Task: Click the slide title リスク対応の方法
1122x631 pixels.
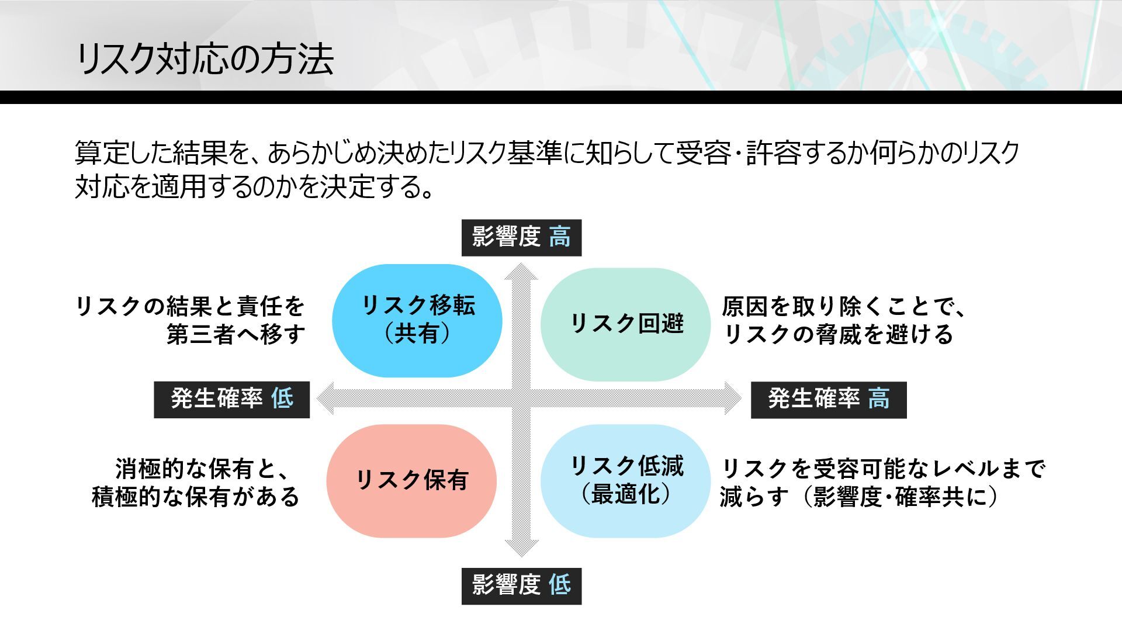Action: (205, 59)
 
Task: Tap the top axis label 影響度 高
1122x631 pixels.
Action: (521, 238)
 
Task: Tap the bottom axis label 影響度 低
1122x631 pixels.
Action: (521, 585)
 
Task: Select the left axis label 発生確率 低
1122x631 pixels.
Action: (231, 400)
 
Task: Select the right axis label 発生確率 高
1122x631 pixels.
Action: (828, 400)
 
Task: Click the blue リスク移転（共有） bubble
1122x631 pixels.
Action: (417, 320)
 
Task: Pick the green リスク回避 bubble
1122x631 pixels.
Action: (625, 324)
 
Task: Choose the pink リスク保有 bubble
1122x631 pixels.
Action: (411, 480)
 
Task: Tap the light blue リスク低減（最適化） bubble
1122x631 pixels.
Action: (625, 480)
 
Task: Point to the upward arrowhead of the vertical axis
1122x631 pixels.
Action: (521, 271)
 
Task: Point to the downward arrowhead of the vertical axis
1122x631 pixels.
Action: (521, 548)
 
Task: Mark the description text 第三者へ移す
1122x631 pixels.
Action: (236, 335)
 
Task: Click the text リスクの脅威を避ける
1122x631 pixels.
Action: (839, 335)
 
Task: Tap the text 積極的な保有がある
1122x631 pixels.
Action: (196, 497)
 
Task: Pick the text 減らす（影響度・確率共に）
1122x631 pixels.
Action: (859, 497)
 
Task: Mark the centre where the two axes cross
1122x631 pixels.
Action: (521, 398)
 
